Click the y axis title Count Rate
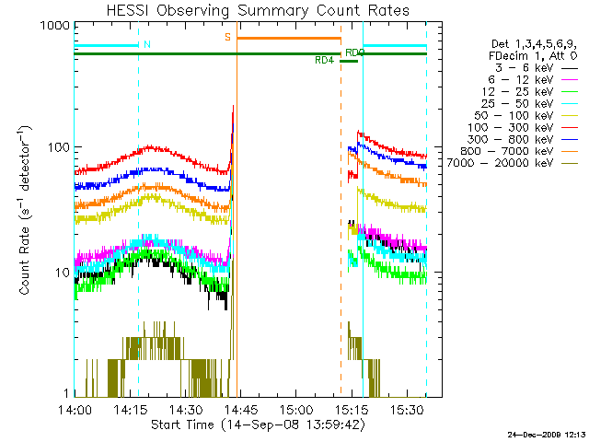pos(24,212)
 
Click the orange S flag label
pos(227,37)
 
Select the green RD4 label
pos(324,61)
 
